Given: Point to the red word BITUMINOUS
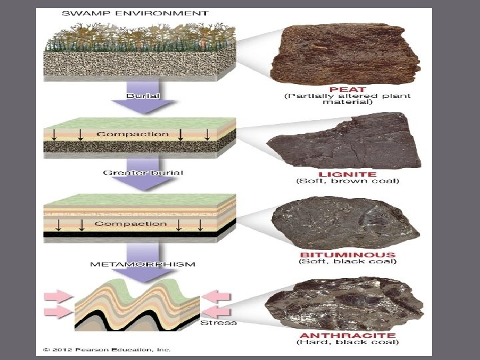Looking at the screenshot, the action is click(347, 254).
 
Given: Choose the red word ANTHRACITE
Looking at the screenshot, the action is click(347, 335).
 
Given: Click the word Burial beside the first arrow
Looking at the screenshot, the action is click(143, 95).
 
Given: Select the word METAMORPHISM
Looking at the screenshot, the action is click(143, 264).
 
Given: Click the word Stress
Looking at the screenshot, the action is click(219, 323).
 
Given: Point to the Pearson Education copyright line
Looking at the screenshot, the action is click(107, 349).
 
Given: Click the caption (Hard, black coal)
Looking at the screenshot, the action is click(347, 343).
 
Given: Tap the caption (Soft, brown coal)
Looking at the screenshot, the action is click(347, 181).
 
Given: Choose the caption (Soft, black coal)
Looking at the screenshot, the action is click(347, 261).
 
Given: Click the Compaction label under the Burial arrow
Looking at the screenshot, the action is click(133, 134).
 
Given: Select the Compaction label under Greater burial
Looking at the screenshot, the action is click(130, 223).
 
